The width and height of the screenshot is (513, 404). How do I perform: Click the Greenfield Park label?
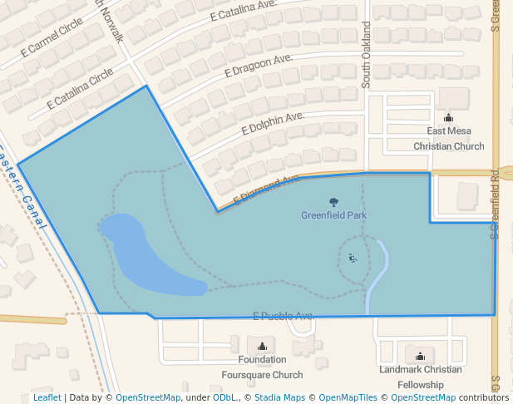coord(334,215)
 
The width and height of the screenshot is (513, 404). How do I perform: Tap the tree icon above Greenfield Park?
coord(334,202)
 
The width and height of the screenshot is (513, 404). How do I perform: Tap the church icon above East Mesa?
coord(449,118)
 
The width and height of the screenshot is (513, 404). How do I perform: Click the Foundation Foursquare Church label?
coord(262,367)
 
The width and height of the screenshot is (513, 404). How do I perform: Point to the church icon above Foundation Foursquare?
coord(263,346)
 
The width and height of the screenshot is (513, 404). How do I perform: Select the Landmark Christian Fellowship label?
coord(420,377)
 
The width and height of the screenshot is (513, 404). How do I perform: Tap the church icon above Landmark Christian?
coord(420,356)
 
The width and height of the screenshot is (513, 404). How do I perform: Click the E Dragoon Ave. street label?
coord(259,66)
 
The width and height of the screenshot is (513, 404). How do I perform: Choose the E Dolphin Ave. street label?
coord(273,124)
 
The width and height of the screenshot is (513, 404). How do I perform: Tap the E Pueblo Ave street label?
coord(283,316)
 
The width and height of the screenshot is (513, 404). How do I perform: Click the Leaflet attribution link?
coord(47,397)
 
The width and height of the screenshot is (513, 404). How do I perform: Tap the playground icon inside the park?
coord(353,259)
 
